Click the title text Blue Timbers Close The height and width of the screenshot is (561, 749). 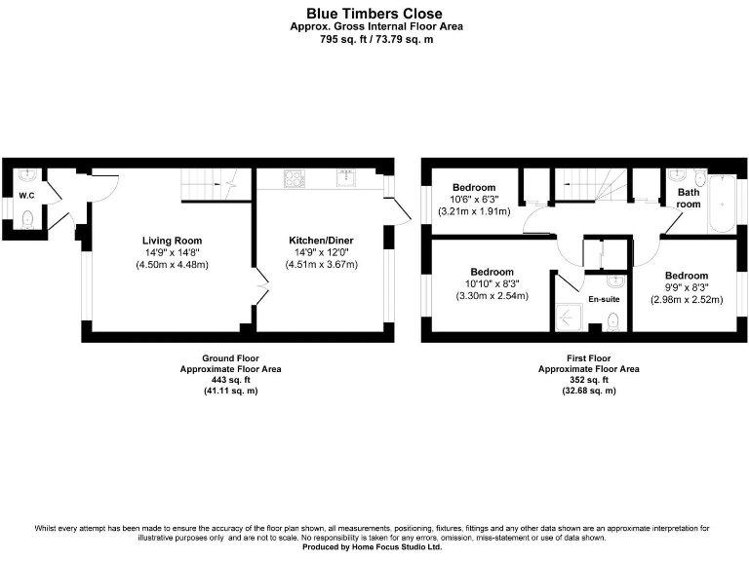point(375,14)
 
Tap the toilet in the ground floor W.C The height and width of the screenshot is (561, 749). point(27,219)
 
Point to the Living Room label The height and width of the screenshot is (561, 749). point(173,241)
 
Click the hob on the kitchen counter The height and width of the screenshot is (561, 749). point(294,178)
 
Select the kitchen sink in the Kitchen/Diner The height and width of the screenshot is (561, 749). point(345,177)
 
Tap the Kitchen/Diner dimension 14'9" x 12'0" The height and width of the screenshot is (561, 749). point(321,252)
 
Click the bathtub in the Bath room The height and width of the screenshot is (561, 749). point(722,203)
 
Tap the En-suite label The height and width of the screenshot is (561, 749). point(604,299)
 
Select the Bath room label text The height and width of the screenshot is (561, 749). point(689,199)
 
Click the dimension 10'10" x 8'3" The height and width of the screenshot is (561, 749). point(492,283)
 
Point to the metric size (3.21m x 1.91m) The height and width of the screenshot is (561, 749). point(475,211)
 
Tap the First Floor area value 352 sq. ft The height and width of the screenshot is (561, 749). point(589,380)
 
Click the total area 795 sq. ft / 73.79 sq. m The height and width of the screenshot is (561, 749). point(375,40)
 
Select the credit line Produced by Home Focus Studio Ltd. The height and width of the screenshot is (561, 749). point(375,547)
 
